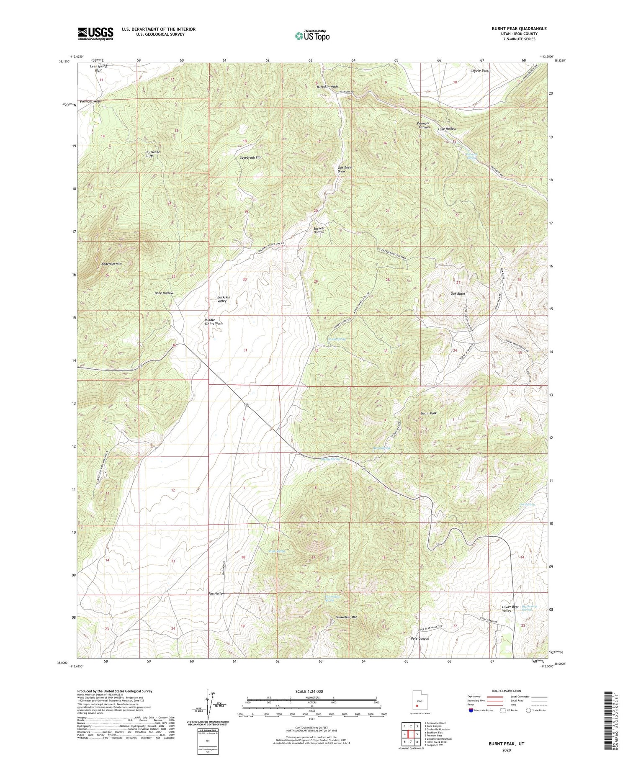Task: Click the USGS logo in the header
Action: [x=95, y=33]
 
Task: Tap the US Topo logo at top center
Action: [x=312, y=36]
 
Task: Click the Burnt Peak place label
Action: [x=428, y=413]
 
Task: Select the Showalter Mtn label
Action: [x=346, y=617]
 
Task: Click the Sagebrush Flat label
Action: [x=251, y=157]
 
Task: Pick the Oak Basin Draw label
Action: [x=345, y=169]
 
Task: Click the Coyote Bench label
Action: [x=480, y=71]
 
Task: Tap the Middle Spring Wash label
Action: [x=214, y=322]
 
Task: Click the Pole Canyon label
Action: [x=420, y=638]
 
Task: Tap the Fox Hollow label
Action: [x=216, y=594]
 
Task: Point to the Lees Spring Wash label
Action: [x=98, y=68]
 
